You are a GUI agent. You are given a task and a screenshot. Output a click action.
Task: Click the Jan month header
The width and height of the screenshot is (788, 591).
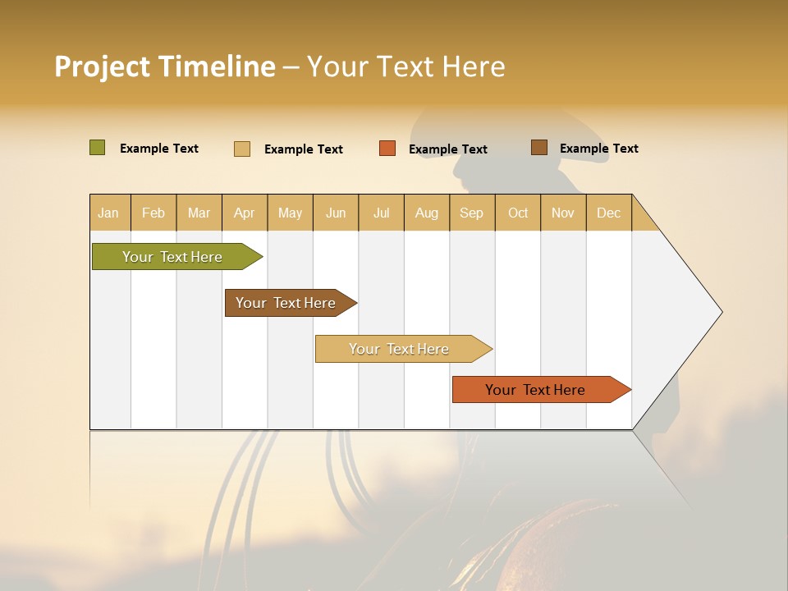[109, 213]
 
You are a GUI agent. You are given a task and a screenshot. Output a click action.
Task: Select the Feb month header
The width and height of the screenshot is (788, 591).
[153, 213]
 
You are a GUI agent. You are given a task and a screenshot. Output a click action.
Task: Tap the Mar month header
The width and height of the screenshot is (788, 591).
[199, 213]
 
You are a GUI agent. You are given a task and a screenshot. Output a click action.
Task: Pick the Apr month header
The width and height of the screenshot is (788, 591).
[245, 213]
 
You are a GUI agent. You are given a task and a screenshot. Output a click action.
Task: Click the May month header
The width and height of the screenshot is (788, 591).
[290, 213]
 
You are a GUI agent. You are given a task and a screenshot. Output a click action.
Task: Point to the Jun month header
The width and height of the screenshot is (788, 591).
[336, 213]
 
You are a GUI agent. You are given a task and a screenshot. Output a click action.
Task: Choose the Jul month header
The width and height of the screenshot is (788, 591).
[382, 213]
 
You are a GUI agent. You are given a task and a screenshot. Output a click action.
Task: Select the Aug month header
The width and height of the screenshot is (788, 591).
[427, 213]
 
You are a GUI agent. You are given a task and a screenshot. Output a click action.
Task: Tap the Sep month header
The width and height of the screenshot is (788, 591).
[472, 213]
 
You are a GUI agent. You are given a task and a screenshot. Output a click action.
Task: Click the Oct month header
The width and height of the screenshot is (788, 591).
[518, 213]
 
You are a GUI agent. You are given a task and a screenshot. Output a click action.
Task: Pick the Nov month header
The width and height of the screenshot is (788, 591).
[563, 213]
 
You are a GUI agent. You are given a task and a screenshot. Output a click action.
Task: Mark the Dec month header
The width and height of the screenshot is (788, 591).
[609, 213]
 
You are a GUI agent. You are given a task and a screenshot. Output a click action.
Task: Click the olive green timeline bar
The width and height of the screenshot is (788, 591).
[173, 257]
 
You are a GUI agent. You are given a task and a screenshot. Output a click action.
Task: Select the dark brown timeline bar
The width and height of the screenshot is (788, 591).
[286, 303]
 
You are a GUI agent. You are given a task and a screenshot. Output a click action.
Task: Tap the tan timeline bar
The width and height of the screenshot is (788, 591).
[400, 349]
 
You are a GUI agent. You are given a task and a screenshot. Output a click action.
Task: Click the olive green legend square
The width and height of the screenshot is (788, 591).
[98, 148]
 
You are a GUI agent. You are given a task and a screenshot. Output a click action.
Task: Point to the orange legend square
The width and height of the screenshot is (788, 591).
[387, 149]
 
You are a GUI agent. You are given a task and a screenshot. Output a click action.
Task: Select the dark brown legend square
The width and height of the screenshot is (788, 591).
[539, 148]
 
